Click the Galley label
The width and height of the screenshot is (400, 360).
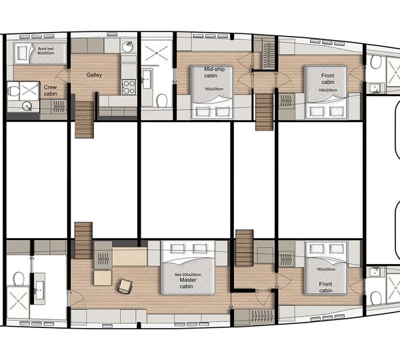coord(93,75)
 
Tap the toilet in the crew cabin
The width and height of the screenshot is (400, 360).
coord(27,105)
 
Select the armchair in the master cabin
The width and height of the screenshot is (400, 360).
coord(124,286)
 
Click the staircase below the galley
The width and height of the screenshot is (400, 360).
coord(85,123)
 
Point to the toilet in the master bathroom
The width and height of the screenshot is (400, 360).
coord(21,277)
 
